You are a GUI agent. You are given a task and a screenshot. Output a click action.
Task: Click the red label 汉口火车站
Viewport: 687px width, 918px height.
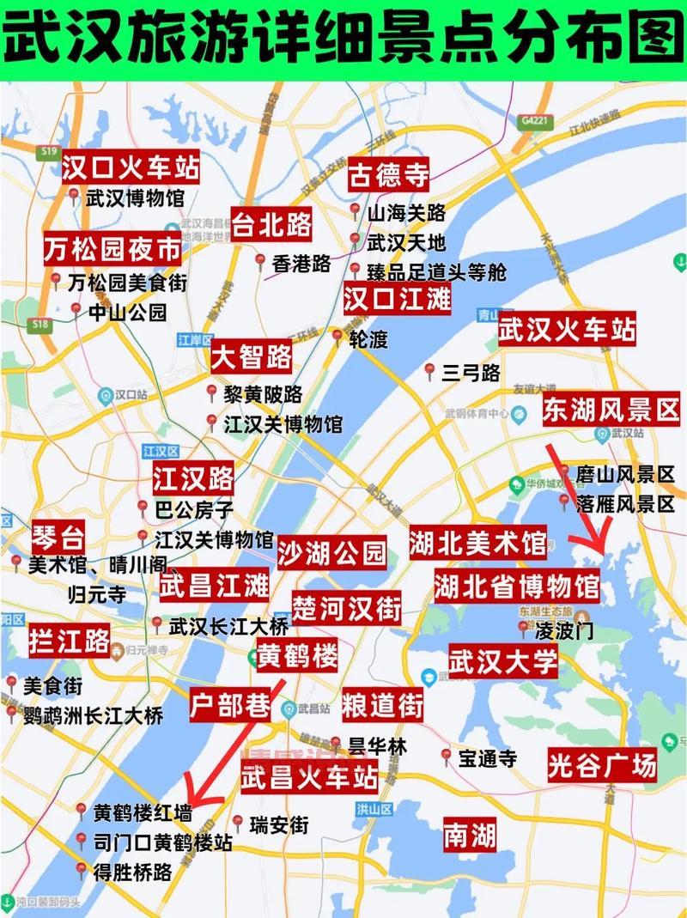pos(131,167)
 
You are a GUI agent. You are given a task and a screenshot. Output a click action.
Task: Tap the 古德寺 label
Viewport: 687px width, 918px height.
pos(388,177)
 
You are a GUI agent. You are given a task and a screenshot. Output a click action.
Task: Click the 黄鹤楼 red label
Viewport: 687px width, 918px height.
pos(297,657)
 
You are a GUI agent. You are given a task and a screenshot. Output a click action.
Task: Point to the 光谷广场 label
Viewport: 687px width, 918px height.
pos(602,763)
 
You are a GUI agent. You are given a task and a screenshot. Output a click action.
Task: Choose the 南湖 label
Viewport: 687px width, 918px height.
pos(470,835)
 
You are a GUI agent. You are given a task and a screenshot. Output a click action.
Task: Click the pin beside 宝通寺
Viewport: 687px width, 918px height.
pos(446,757)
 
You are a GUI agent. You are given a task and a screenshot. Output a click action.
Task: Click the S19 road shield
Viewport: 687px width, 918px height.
pos(48,151)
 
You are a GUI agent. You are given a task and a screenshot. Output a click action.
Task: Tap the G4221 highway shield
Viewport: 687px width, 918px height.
pos(534,123)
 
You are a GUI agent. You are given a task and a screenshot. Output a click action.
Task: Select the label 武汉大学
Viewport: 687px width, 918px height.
pos(503,662)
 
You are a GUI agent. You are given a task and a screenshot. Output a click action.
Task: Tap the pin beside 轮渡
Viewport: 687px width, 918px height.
pos(337,337)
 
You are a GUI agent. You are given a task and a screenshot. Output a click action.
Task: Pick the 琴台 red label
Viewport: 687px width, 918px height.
pos(58,539)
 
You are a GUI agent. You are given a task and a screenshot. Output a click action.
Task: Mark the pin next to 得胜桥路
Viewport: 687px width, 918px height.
pos(81,870)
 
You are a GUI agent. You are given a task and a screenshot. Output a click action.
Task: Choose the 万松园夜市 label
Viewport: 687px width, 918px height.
pos(113,250)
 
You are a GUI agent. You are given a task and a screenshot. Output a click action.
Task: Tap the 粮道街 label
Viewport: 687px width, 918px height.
pos(383,706)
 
